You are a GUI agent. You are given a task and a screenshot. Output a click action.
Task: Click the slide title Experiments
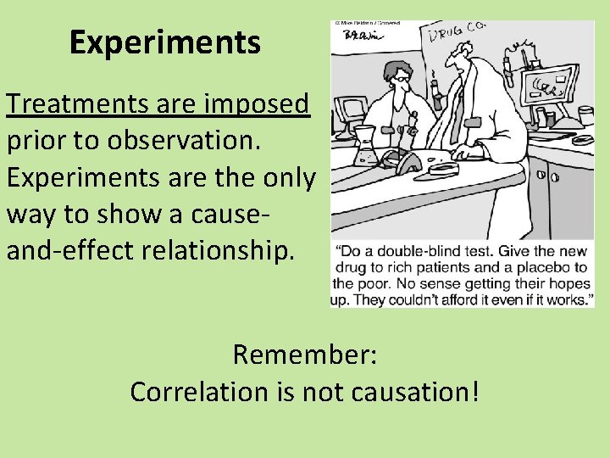[164, 42]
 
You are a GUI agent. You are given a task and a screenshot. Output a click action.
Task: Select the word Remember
[300, 354]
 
